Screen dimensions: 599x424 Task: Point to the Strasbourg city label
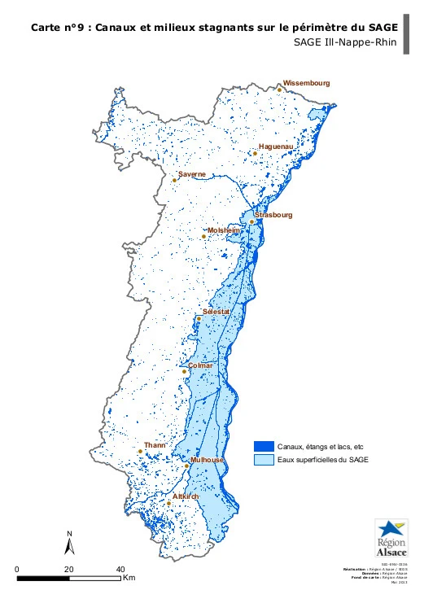(273, 216)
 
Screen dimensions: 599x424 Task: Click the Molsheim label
(225, 230)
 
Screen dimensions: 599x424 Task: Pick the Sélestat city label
(216, 313)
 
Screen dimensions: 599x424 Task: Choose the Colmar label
(200, 365)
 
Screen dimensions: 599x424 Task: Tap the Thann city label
(154, 446)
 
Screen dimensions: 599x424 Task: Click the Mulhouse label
(207, 460)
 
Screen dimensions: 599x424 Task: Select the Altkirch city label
(186, 496)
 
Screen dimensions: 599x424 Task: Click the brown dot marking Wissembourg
(279, 90)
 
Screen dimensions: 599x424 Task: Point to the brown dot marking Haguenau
(255, 153)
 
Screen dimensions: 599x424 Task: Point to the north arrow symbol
(70, 544)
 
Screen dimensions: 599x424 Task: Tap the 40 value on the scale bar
(120, 570)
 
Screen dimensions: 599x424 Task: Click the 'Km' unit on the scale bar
(129, 579)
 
